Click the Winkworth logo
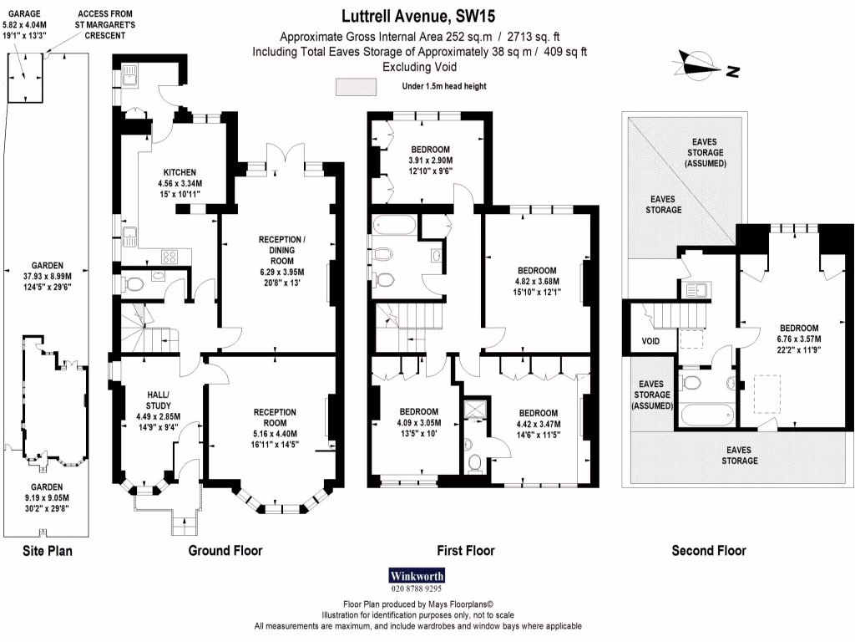tap(417, 575)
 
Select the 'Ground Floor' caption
tap(225, 550)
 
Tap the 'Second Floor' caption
tap(709, 550)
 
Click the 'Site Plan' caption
tap(47, 550)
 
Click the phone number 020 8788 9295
tap(417, 588)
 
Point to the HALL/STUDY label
tap(158, 400)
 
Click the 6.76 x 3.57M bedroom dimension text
tap(799, 339)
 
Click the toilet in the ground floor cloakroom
tap(134, 284)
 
